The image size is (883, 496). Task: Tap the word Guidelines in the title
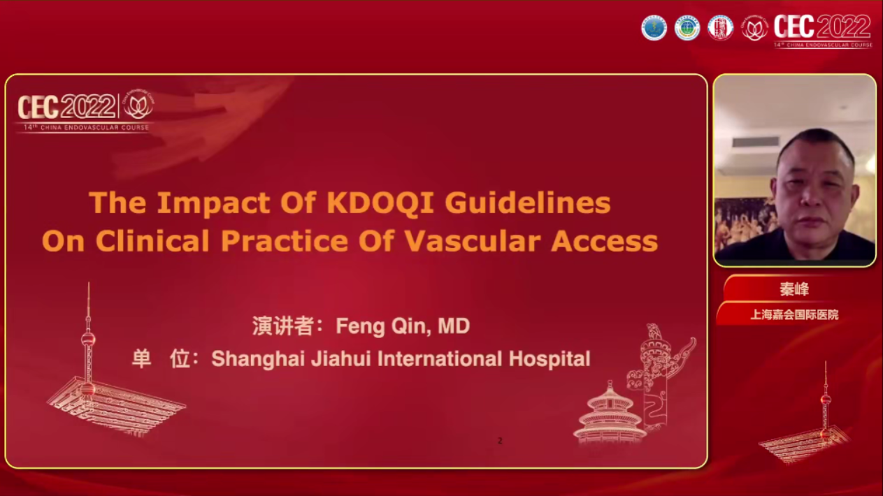coord(527,203)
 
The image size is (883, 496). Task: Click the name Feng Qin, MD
coord(403,326)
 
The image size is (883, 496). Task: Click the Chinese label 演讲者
coord(282,326)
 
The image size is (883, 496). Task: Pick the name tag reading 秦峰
coord(794,289)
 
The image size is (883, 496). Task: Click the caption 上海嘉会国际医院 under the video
coord(794,315)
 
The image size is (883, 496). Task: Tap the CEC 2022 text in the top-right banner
coord(822,28)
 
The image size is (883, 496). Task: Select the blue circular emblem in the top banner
coord(654,28)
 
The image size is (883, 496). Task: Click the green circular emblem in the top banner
coord(687,28)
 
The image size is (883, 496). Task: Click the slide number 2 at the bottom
coord(500,441)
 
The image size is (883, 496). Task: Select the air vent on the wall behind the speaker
coord(756,142)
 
